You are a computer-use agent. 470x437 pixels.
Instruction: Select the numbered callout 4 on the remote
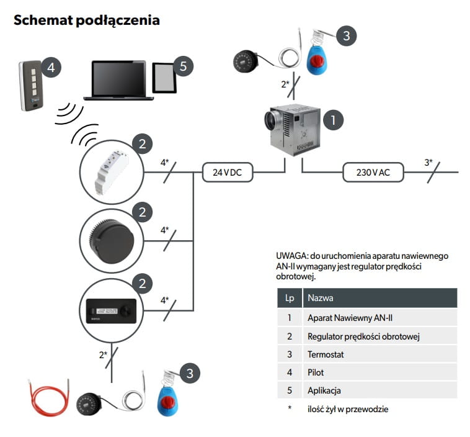tap(51, 68)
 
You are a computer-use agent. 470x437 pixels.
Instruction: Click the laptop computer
tap(118, 80)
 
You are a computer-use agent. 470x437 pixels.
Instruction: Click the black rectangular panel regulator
tap(110, 309)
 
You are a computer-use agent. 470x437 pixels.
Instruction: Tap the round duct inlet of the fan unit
tap(271, 120)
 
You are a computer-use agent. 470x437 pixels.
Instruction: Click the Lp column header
tap(289, 298)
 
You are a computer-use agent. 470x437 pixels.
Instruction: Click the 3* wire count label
tap(428, 163)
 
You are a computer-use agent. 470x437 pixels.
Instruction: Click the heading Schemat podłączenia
tap(86, 20)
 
